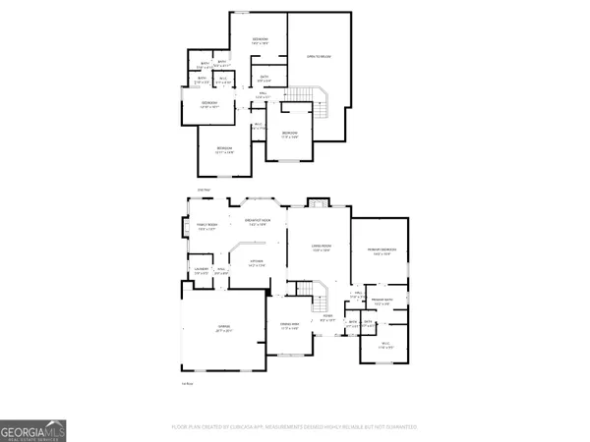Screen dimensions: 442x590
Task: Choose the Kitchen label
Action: coord(256,260)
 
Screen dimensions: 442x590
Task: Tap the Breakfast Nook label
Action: coord(257,223)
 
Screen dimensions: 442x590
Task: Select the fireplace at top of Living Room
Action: coord(316,203)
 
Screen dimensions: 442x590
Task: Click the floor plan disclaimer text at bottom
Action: coord(295,427)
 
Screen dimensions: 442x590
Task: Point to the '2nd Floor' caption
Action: coord(204,189)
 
